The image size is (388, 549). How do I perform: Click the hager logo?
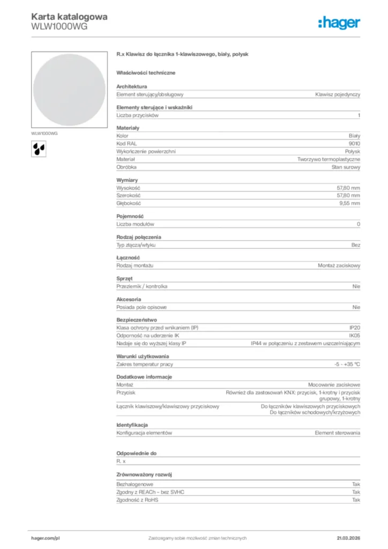point(339,22)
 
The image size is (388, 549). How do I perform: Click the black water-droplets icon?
point(39,148)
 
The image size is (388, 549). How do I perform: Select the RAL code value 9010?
point(354,144)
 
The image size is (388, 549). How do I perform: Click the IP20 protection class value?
point(354,328)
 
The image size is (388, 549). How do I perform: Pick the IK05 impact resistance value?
point(354,336)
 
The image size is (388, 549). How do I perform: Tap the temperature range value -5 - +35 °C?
point(347,364)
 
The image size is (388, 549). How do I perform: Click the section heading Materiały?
point(128,128)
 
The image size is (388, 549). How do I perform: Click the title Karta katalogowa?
point(69,17)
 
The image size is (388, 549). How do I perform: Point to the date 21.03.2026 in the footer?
point(348,538)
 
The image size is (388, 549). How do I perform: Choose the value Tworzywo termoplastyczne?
point(329,159)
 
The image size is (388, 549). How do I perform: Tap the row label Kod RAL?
point(126,144)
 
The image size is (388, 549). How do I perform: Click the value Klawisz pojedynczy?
point(338,94)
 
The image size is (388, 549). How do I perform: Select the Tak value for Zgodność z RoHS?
point(356,500)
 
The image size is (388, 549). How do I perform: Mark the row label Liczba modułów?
point(135,224)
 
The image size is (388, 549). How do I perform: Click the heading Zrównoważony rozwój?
point(144,475)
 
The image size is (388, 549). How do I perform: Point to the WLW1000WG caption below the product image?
point(44,133)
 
